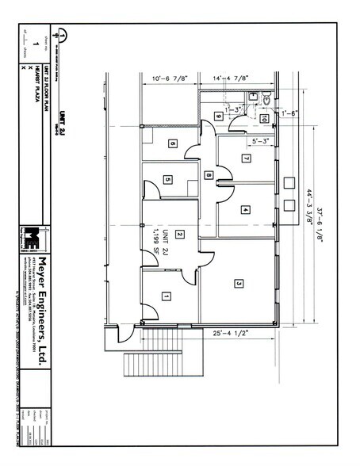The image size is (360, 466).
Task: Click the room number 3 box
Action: click(x=238, y=283)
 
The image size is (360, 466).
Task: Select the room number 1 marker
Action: click(x=166, y=296)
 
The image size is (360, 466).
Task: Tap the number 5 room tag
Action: click(x=167, y=180)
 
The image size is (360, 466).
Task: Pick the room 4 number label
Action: click(x=246, y=209)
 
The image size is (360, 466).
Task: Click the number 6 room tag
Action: click(x=171, y=143)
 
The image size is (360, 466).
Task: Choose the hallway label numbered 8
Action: click(x=208, y=174)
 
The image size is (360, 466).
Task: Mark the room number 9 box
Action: click(x=217, y=116)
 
